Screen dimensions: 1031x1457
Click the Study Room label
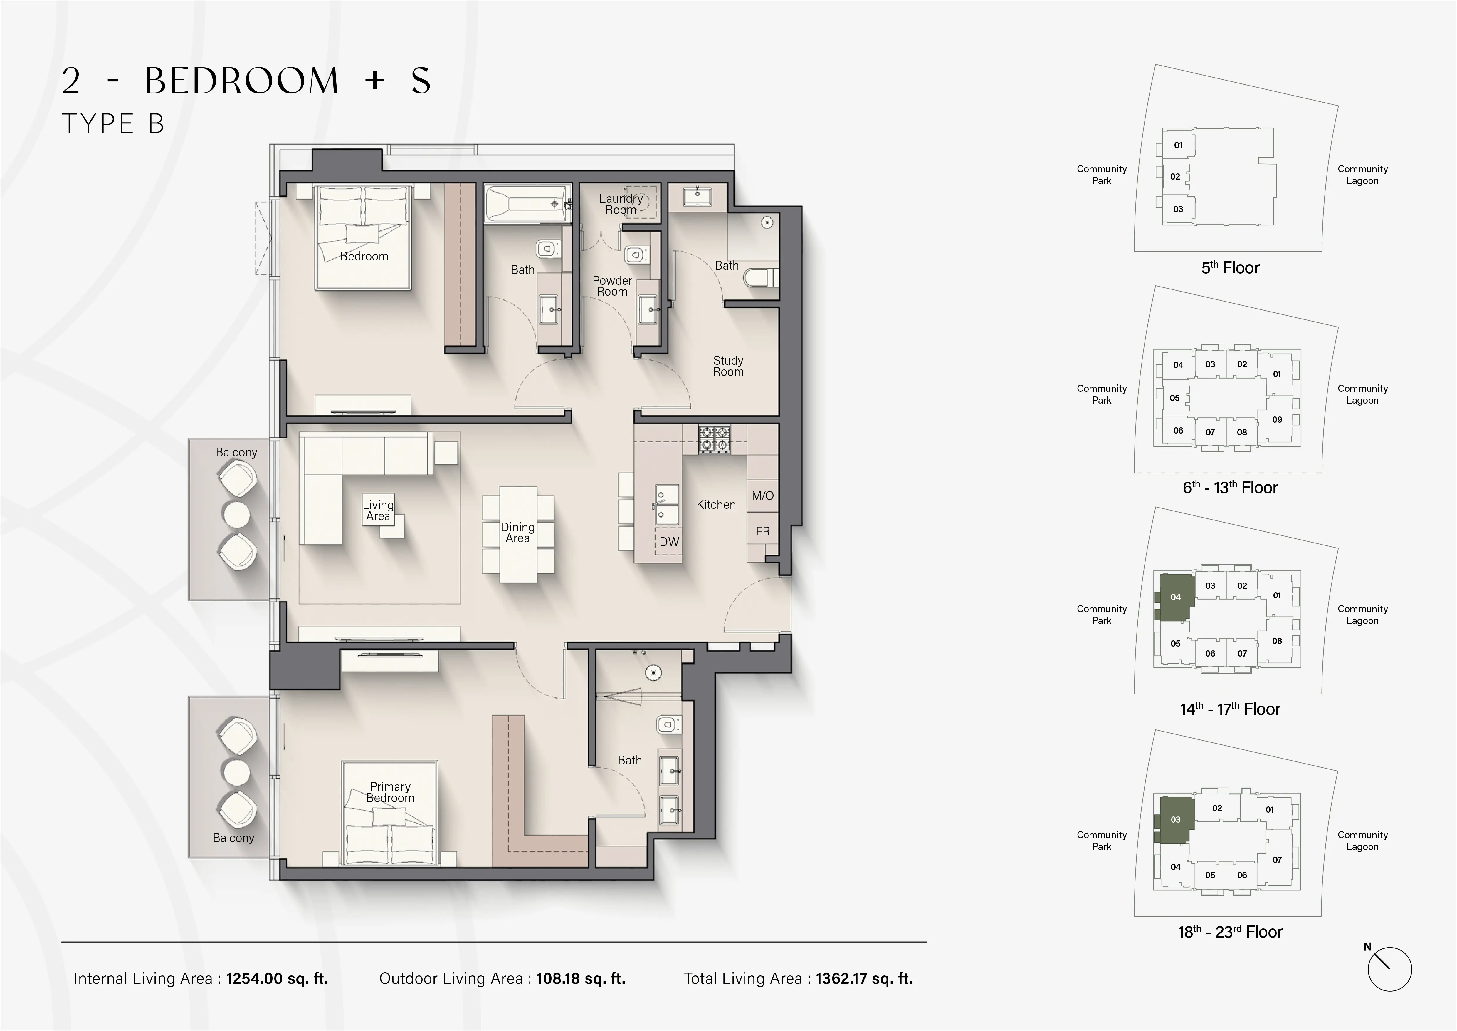(x=728, y=366)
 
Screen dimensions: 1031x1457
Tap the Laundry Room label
(x=621, y=204)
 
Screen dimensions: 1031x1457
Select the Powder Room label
(x=612, y=286)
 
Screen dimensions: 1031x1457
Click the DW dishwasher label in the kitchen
(x=669, y=542)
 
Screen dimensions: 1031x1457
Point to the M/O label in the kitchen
(x=762, y=496)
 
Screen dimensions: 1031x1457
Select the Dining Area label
(x=517, y=533)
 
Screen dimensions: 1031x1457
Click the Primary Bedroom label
(x=390, y=792)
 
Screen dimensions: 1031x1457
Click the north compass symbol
(x=1389, y=969)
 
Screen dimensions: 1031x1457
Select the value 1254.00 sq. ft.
(x=277, y=978)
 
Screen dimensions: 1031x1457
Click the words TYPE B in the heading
(x=113, y=124)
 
